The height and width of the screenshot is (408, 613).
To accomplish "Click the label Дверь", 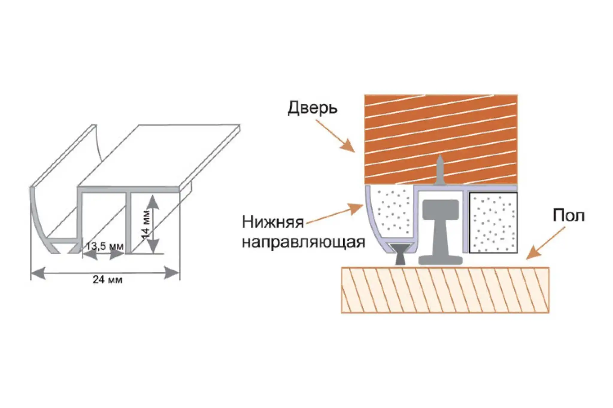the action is click(x=312, y=108).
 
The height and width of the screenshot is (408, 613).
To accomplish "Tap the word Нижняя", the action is click(x=273, y=222).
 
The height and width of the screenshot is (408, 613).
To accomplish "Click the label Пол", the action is click(x=568, y=216).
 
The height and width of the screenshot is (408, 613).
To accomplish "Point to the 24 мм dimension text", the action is click(x=107, y=280).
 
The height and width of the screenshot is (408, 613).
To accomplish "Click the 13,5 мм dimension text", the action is click(x=105, y=246).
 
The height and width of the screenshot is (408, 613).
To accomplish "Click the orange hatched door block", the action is click(x=441, y=139).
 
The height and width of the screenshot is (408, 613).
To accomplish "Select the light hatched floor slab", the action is click(x=445, y=290).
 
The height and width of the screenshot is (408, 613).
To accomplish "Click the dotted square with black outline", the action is click(x=493, y=223).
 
